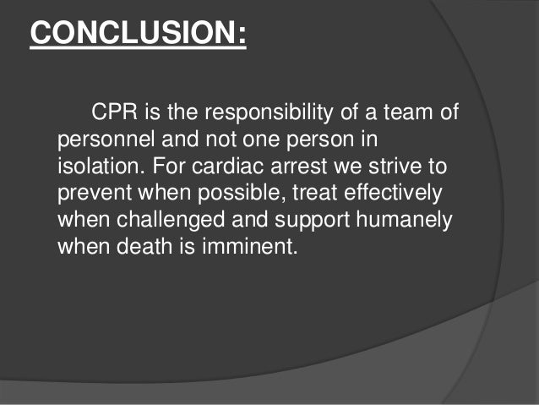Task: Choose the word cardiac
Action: (236, 167)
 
